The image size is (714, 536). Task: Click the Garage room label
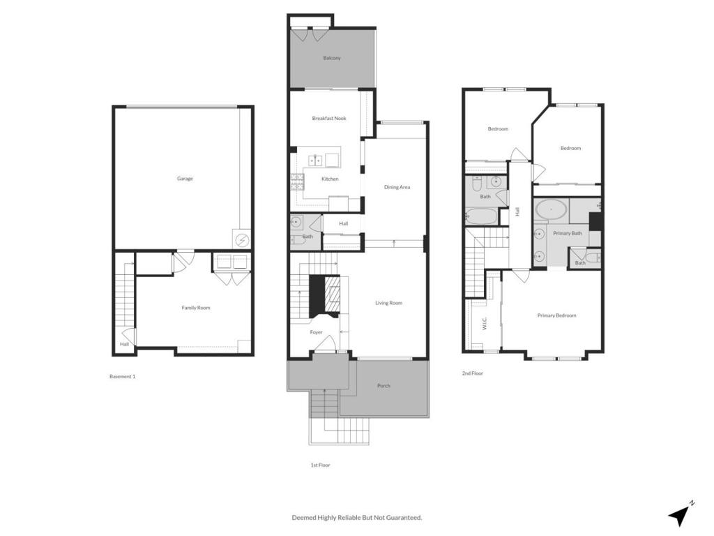[185, 179]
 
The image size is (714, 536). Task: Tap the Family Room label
[196, 308]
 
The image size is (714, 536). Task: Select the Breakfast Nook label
[329, 119]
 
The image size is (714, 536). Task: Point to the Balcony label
[332, 58]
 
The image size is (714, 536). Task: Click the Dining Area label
[397, 187]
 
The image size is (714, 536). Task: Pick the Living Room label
[388, 303]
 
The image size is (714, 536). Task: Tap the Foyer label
[317, 332]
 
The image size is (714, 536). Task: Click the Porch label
[383, 386]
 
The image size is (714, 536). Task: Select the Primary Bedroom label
[556, 315]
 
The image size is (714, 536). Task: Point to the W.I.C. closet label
[484, 323]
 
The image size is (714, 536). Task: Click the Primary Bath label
[567, 233]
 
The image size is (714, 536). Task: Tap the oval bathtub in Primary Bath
[551, 209]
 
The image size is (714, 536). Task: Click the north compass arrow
[680, 514]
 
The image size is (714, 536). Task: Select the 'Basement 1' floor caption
[122, 377]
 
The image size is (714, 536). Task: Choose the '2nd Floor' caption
[472, 373]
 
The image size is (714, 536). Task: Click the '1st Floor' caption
[320, 465]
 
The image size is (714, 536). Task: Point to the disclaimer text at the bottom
[356, 517]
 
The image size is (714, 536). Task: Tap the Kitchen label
[330, 179]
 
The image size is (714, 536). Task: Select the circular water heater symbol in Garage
[242, 240]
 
